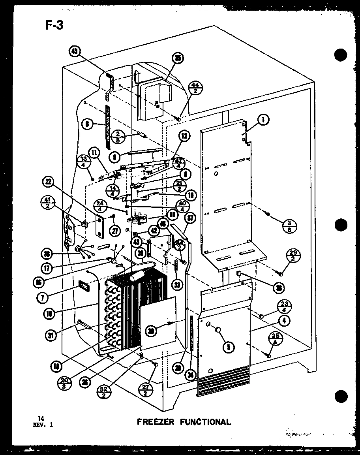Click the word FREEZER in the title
tap(155, 421)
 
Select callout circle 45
tap(74, 51)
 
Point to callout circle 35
tap(178, 58)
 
